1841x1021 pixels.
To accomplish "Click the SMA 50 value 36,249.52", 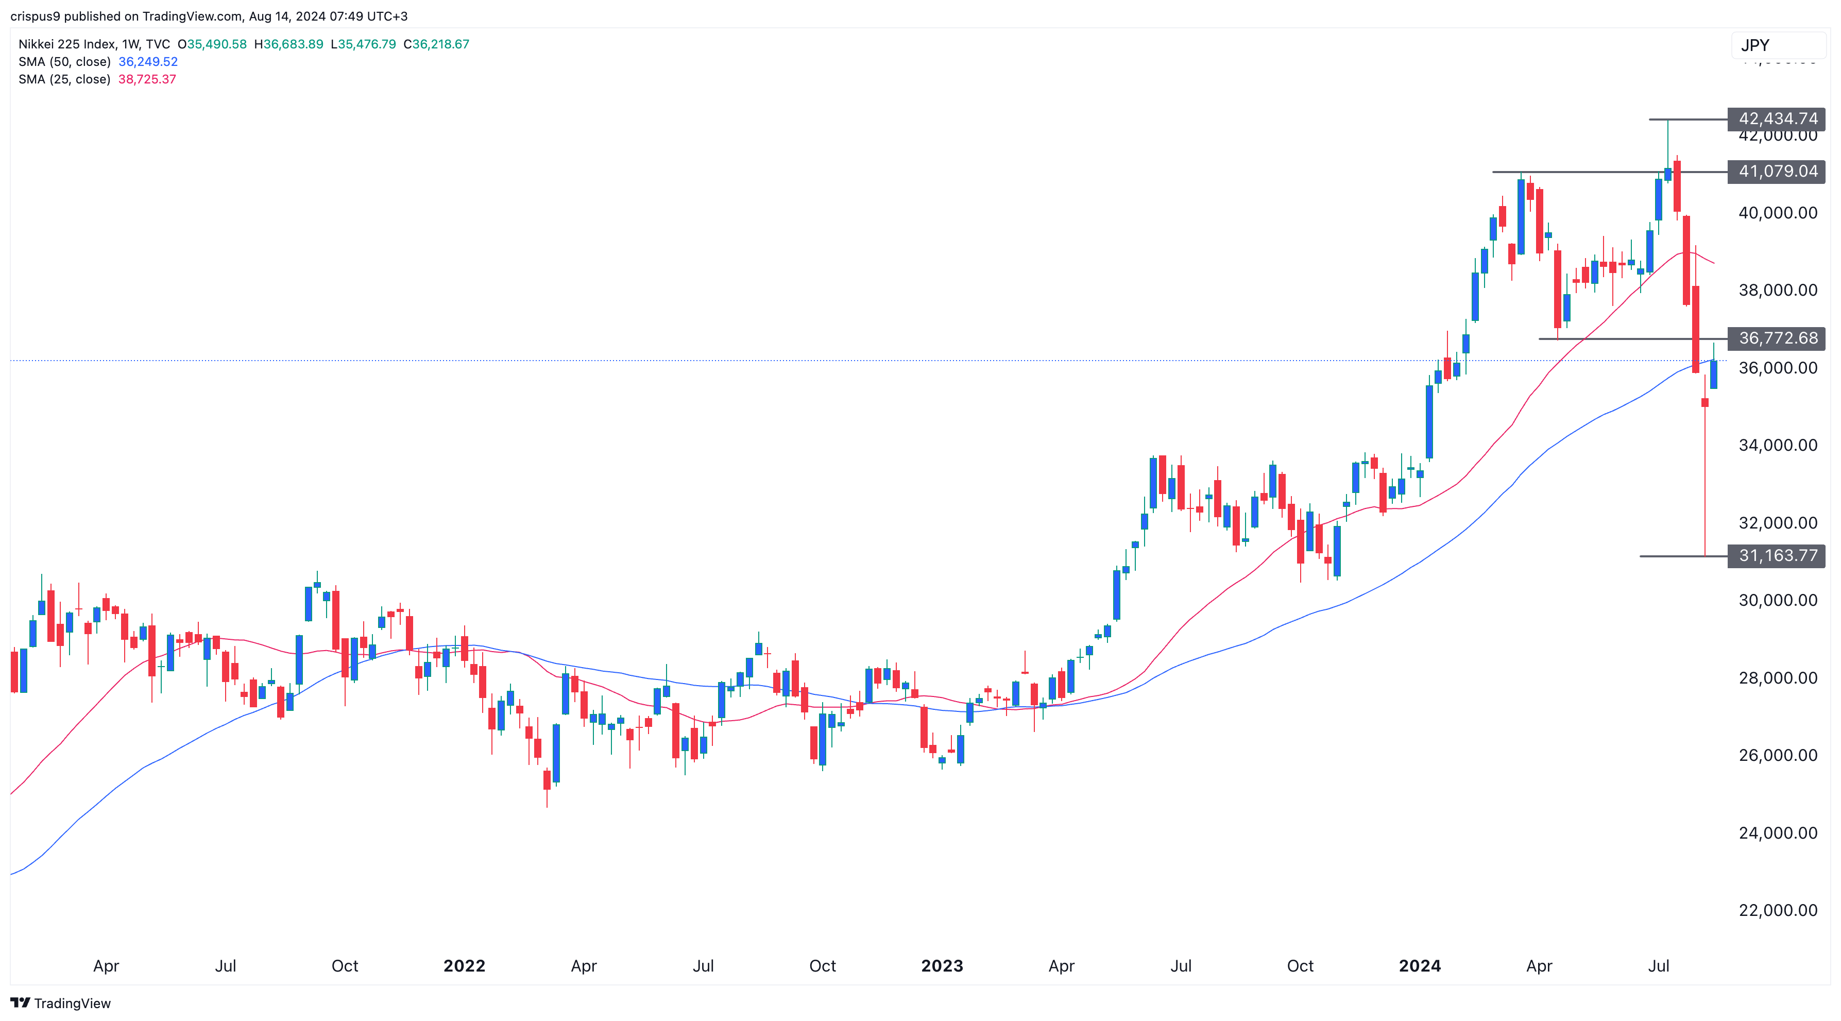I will tap(148, 61).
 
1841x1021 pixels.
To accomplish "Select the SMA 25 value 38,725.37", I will tap(147, 79).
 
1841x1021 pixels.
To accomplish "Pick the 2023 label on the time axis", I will tap(942, 966).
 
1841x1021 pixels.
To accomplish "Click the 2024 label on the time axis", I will tap(1419, 966).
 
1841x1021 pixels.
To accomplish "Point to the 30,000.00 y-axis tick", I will tap(1778, 600).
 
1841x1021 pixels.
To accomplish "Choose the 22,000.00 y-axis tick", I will tap(1778, 910).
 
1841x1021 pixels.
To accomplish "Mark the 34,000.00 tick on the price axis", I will tap(1778, 445).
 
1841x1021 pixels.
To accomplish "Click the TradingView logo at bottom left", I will tap(61, 1003).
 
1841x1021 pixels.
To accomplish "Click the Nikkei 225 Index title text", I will tap(66, 44).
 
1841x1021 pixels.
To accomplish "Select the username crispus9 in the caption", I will tap(35, 16).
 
